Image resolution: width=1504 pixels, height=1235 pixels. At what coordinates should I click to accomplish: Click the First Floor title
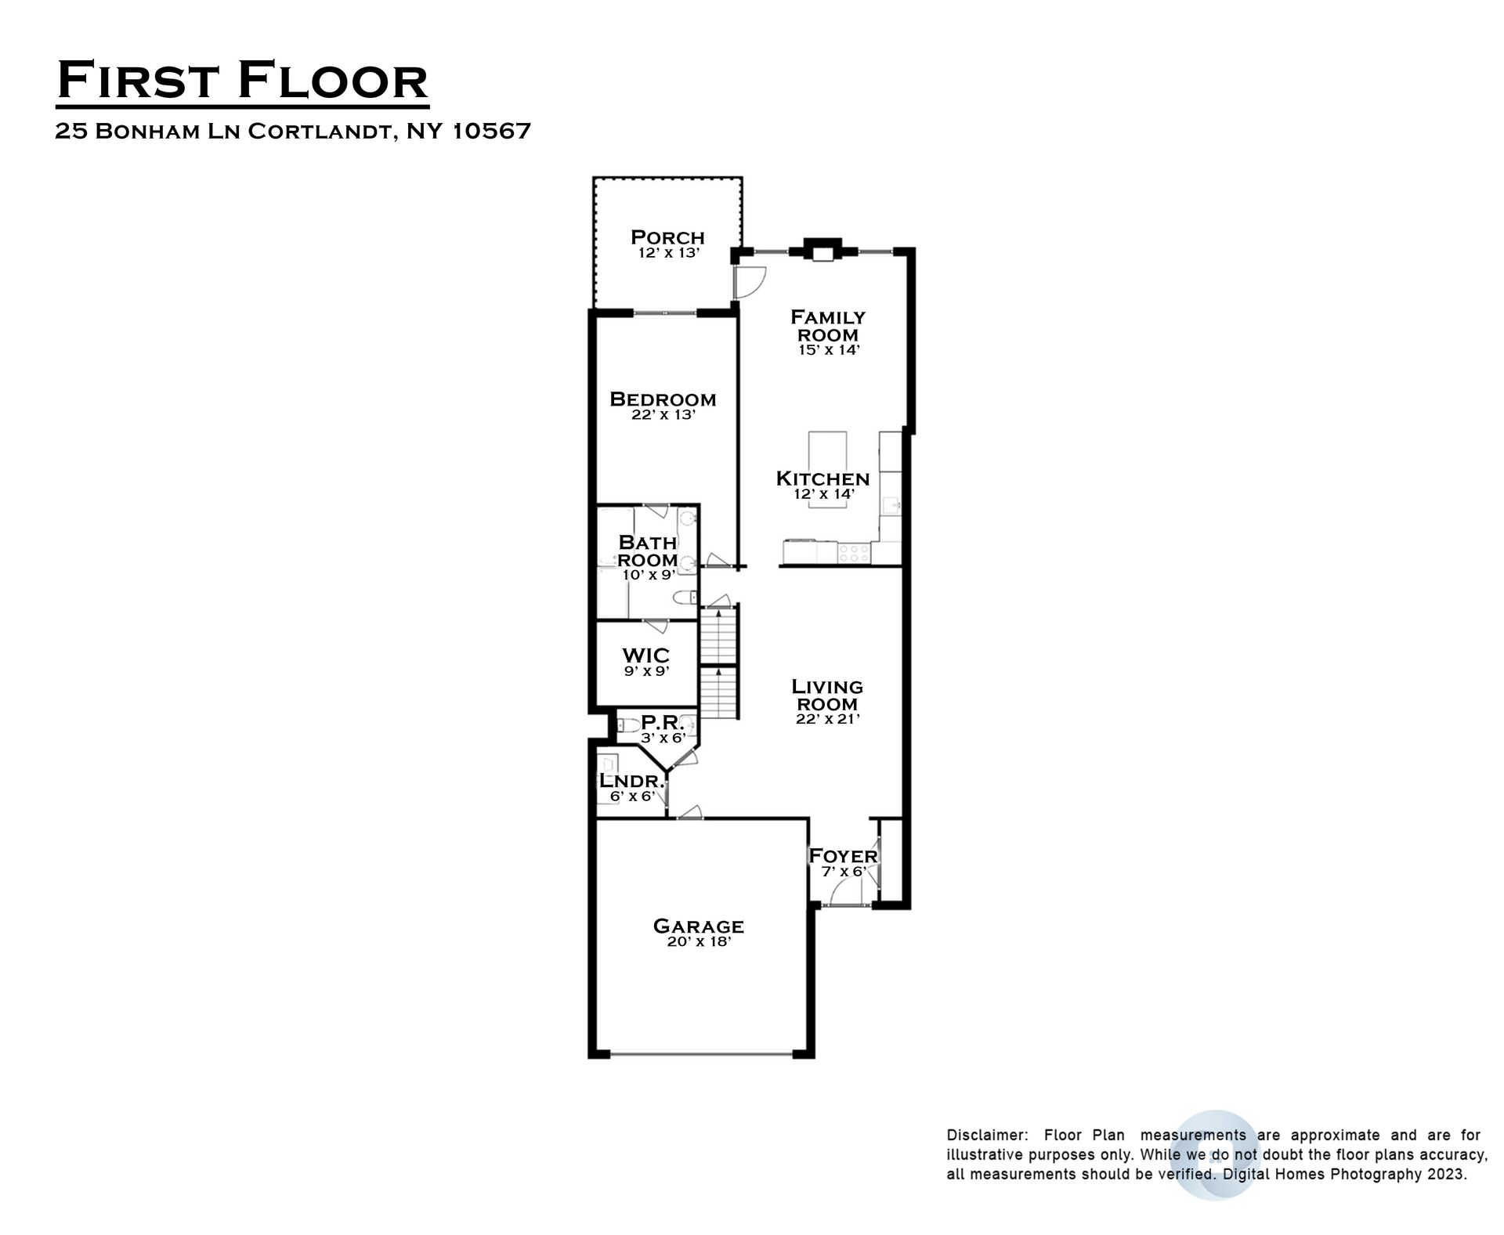click(x=243, y=81)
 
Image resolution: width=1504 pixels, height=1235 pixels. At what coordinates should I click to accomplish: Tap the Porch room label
click(x=667, y=237)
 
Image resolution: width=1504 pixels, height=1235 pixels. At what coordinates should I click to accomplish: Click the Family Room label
click(x=828, y=326)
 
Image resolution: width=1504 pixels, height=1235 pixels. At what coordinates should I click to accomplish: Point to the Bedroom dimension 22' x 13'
click(x=663, y=415)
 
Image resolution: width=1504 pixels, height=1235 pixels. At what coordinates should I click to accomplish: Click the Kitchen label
click(x=822, y=478)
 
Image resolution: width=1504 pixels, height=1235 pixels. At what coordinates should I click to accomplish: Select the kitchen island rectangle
click(x=828, y=469)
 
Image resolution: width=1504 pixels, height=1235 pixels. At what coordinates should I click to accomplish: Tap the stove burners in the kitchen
click(x=853, y=554)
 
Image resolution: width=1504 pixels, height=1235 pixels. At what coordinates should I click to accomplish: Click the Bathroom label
click(x=647, y=551)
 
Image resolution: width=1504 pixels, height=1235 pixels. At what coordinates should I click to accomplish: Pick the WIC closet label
click(x=646, y=655)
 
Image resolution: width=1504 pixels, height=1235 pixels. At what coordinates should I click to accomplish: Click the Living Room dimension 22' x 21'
click(x=828, y=718)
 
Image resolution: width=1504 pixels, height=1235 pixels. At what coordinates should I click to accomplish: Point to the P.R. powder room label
click(x=663, y=722)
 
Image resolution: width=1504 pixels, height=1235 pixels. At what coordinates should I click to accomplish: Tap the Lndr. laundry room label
click(x=631, y=781)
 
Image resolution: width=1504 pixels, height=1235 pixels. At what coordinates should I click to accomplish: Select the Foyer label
click(x=843, y=855)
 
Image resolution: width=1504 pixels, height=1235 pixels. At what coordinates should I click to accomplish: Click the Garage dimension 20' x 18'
click(x=698, y=942)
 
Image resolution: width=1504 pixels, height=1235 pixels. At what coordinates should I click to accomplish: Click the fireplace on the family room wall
click(x=819, y=249)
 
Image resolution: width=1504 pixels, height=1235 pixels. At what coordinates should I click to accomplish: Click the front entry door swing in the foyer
click(x=844, y=890)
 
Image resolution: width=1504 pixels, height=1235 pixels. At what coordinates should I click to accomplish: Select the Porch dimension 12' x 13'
click(x=668, y=253)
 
